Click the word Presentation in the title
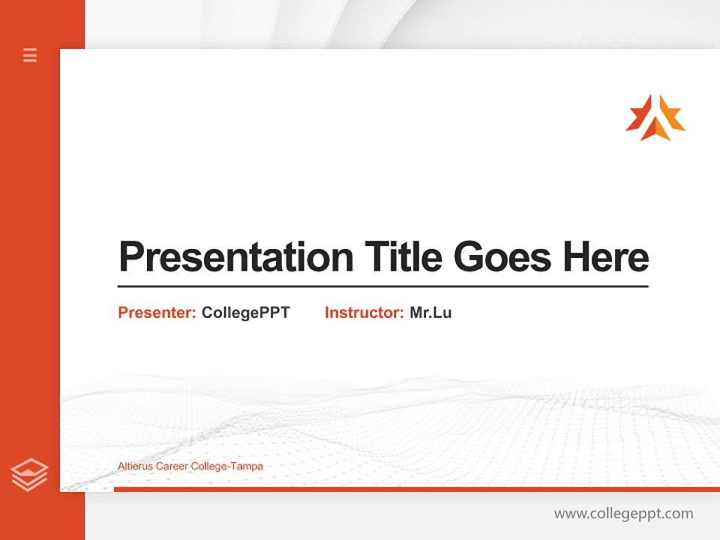point(235,256)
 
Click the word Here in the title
point(605,256)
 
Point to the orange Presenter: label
point(157,313)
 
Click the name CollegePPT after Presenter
point(245,313)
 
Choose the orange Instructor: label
point(364,313)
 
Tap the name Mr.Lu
point(430,313)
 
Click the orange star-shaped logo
point(655,118)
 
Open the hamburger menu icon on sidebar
point(30,55)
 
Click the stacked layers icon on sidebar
point(29,475)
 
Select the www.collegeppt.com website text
point(623,514)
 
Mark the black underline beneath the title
point(382,286)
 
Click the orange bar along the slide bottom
point(416,489)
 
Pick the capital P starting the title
point(130,256)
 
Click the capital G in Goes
point(469,256)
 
